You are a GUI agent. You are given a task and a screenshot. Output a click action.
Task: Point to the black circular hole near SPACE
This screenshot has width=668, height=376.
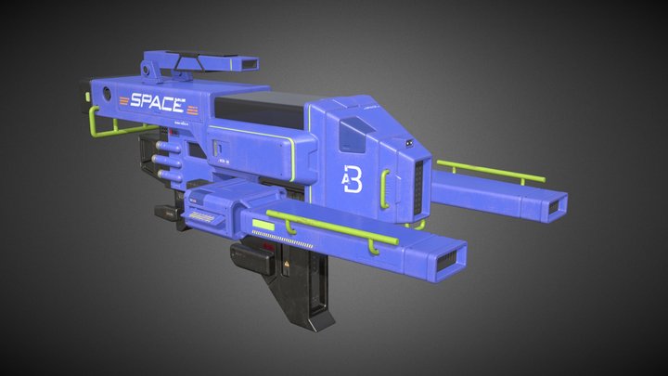pos(109,93)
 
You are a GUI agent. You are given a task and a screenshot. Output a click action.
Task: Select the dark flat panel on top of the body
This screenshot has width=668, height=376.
pos(269,102)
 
